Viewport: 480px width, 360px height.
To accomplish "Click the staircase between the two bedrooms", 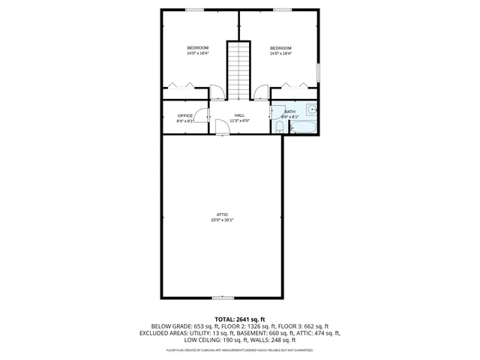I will [x=238, y=70].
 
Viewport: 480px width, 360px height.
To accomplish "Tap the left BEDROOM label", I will [x=198, y=48].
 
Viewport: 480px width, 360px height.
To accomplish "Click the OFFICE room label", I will [x=185, y=115].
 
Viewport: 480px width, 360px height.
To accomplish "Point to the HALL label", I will [x=238, y=115].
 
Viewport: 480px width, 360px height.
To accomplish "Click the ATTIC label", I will [x=222, y=214].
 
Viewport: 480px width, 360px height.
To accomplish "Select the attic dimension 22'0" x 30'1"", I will [x=222, y=220].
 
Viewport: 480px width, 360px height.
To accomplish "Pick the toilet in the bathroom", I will [x=278, y=128].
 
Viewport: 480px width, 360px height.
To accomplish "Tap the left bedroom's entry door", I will [x=215, y=93].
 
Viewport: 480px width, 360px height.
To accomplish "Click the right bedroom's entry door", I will [x=261, y=93].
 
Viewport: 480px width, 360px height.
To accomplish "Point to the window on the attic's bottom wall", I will [x=222, y=298].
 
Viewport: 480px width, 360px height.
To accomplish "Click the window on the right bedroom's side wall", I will [x=318, y=72].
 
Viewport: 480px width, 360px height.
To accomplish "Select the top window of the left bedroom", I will [x=194, y=10].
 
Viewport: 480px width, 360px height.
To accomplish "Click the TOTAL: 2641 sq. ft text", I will [x=240, y=319].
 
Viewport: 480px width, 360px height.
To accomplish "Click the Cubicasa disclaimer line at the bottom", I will [x=240, y=349].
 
